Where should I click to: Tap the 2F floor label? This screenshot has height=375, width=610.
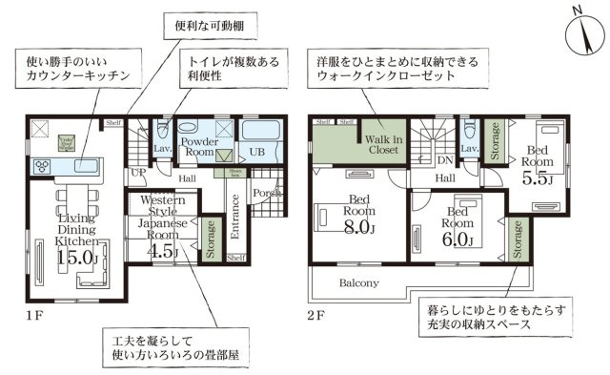click(x=316, y=313)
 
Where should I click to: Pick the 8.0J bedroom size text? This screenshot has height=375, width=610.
click(x=358, y=227)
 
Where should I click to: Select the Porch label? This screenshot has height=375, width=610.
click(x=266, y=194)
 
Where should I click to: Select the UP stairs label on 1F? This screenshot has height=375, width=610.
click(x=137, y=173)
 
